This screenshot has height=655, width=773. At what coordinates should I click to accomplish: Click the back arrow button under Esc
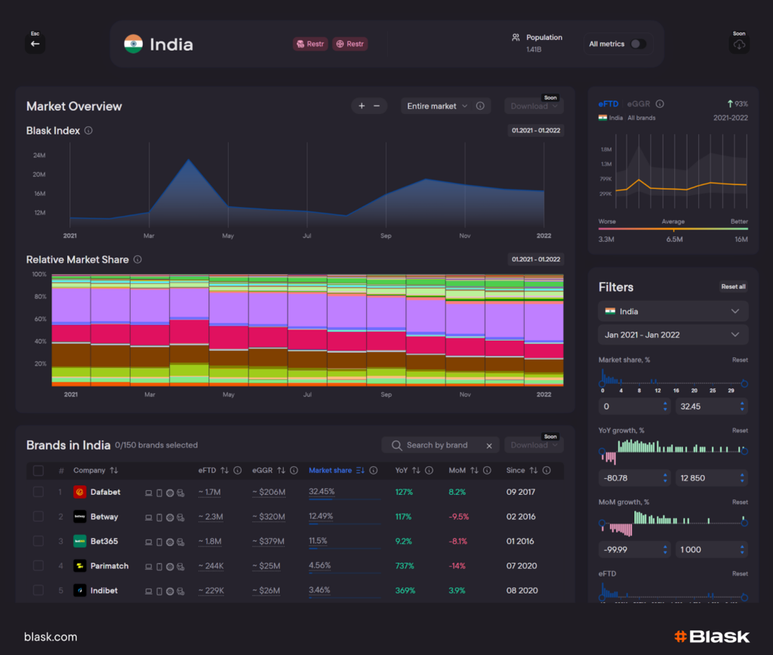(x=35, y=44)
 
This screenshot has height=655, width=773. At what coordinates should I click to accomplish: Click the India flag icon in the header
(x=134, y=44)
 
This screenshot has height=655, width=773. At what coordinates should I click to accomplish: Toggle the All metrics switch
(x=638, y=44)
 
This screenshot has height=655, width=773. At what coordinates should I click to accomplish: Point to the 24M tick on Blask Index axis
(x=39, y=156)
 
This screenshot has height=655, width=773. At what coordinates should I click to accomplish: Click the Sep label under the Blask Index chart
(x=386, y=236)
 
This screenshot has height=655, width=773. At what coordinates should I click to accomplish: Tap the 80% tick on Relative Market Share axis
(x=39, y=297)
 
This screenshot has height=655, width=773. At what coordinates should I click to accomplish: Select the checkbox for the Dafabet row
(x=38, y=493)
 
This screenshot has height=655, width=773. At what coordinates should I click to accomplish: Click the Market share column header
(x=330, y=471)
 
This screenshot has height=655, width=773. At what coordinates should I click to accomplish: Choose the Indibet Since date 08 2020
(x=522, y=590)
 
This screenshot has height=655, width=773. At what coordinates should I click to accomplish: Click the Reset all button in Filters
(x=733, y=287)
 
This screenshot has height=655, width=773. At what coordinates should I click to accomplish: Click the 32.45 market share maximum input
(x=706, y=406)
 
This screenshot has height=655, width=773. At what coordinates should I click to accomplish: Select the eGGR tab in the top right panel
(x=639, y=104)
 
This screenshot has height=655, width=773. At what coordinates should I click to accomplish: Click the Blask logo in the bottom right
(x=711, y=637)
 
